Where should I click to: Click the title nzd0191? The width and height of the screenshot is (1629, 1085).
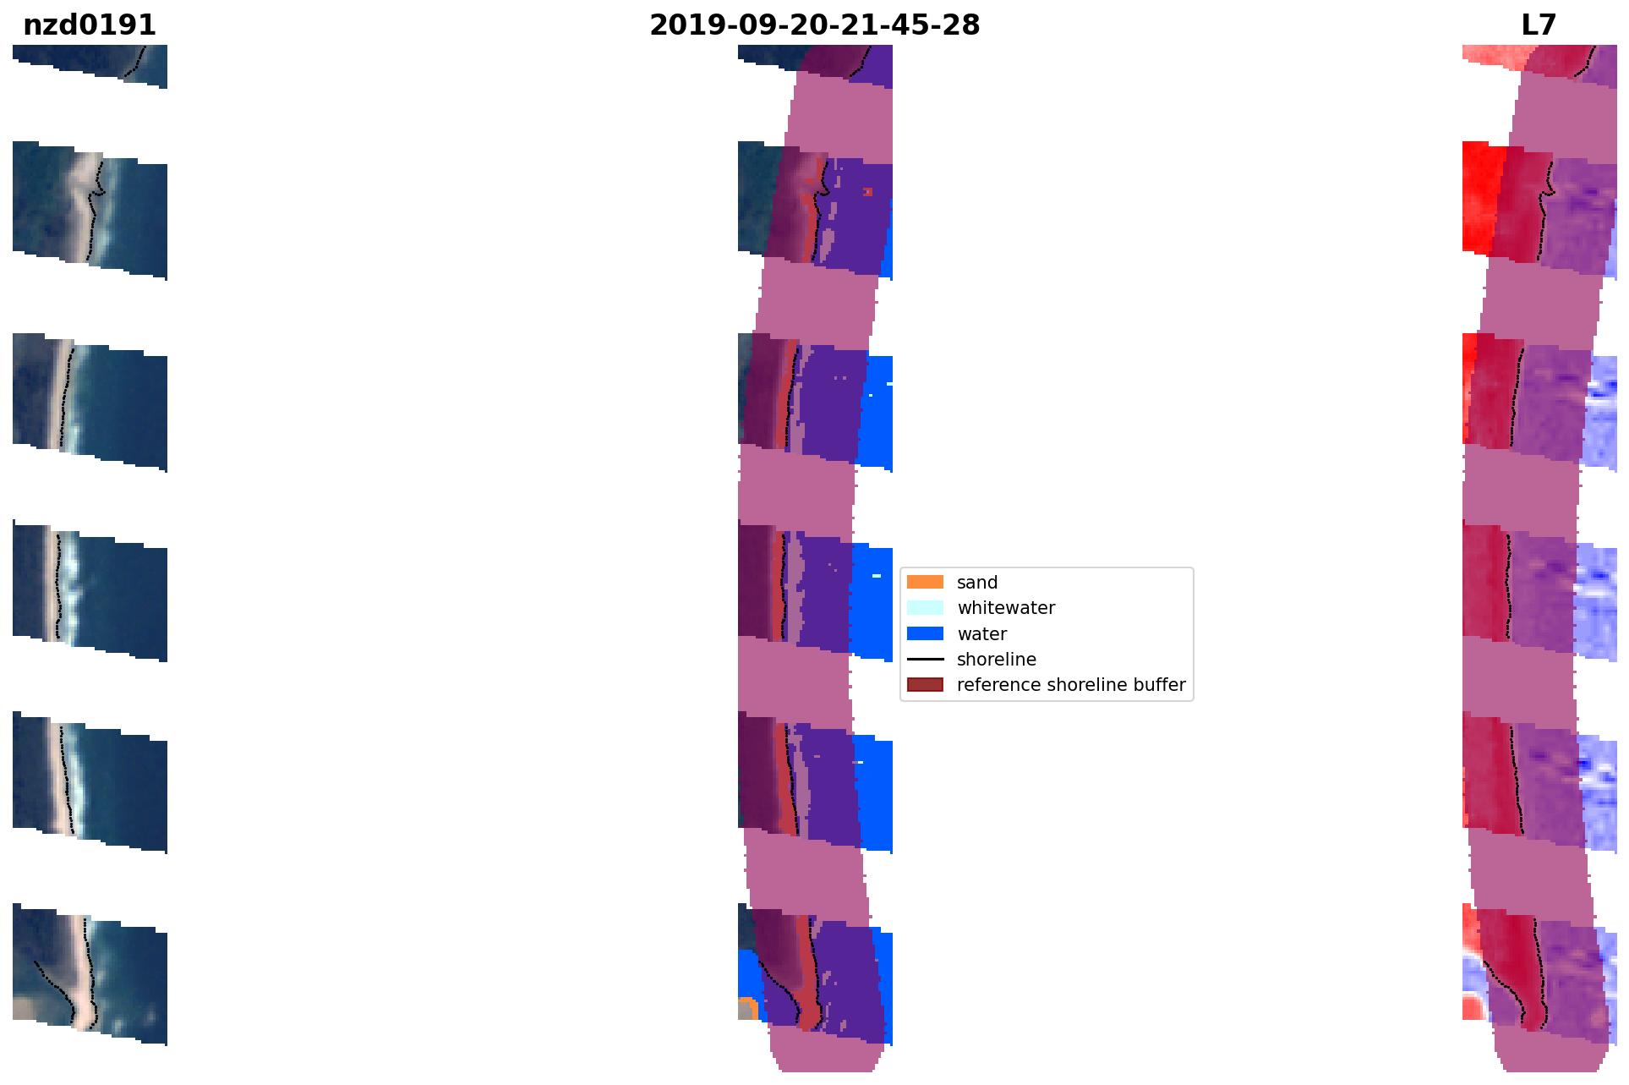(x=90, y=25)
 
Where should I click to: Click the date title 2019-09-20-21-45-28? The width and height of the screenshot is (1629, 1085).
(x=814, y=25)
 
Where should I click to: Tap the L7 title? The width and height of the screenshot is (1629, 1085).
(x=1539, y=25)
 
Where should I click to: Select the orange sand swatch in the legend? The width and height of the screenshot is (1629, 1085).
(x=925, y=582)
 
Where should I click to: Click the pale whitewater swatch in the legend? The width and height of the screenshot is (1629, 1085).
(x=925, y=607)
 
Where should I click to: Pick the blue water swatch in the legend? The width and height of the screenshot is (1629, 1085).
(x=925, y=633)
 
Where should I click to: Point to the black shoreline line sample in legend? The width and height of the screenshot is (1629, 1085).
(x=925, y=659)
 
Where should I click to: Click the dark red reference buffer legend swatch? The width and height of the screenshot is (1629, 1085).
(x=925, y=684)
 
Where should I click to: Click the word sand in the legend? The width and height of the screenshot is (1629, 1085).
(x=977, y=583)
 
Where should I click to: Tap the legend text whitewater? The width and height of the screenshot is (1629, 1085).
(x=1006, y=608)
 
